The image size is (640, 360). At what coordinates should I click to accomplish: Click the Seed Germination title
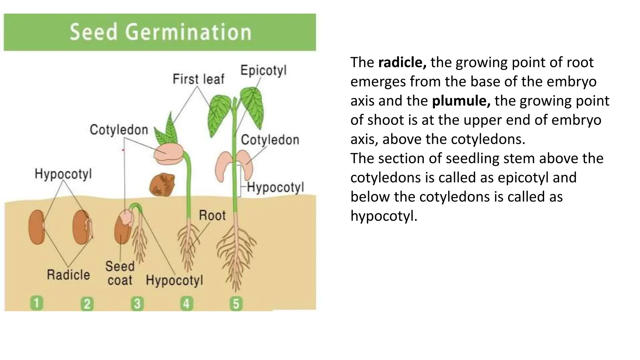pyautogui.click(x=160, y=32)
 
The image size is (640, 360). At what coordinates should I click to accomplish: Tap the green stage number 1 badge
pyautogui.click(x=37, y=303)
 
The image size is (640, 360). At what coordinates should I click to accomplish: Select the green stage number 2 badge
pyautogui.click(x=87, y=304)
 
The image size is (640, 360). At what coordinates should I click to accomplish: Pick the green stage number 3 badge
pyautogui.click(x=137, y=304)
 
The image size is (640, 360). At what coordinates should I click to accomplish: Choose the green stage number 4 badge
pyautogui.click(x=187, y=304)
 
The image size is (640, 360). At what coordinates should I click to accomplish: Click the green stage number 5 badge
pyautogui.click(x=236, y=304)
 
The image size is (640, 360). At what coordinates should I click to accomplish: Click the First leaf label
pyautogui.click(x=198, y=79)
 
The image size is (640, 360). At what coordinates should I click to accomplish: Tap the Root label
pyautogui.click(x=212, y=215)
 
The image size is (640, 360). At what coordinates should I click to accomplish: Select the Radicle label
pyautogui.click(x=68, y=275)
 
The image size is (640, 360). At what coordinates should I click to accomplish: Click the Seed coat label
pyautogui.click(x=120, y=273)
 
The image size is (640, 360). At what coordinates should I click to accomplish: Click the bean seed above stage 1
pyautogui.click(x=36, y=227)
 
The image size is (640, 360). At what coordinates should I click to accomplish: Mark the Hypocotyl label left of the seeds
pyautogui.click(x=63, y=174)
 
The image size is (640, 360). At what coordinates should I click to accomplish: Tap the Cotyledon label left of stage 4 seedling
pyautogui.click(x=119, y=130)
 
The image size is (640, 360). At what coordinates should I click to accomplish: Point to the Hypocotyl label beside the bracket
pyautogui.click(x=275, y=187)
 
